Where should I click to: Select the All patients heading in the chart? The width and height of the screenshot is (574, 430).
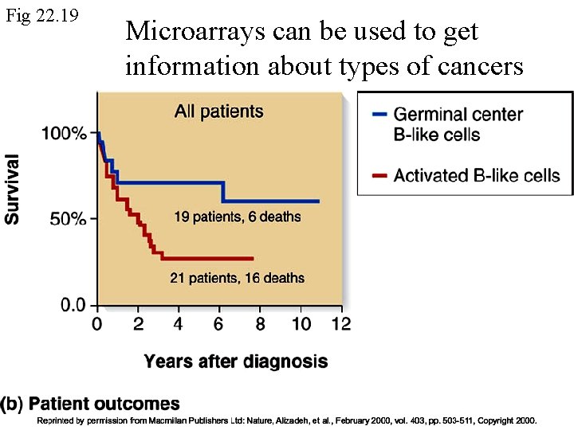[218, 111]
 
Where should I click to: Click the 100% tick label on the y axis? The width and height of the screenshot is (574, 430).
[64, 133]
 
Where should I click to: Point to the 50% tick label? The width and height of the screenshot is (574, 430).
[68, 219]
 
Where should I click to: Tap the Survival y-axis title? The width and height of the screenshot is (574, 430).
[14, 188]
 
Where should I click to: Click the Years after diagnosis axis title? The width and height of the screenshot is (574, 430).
[235, 362]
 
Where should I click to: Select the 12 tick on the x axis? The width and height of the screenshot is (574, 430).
[340, 324]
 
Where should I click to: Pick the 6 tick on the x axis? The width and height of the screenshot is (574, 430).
[219, 324]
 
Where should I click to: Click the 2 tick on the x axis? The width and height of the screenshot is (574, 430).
[137, 324]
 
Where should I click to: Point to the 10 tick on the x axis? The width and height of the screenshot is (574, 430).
[301, 324]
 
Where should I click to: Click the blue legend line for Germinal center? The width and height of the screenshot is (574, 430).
[379, 115]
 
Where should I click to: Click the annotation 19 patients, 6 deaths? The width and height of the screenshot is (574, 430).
[238, 216]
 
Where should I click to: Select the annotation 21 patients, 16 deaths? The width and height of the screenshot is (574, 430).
[237, 278]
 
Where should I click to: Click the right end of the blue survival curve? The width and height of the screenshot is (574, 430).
[318, 201]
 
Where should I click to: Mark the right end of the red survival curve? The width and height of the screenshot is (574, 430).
[253, 258]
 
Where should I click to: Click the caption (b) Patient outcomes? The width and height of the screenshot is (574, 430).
[90, 404]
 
